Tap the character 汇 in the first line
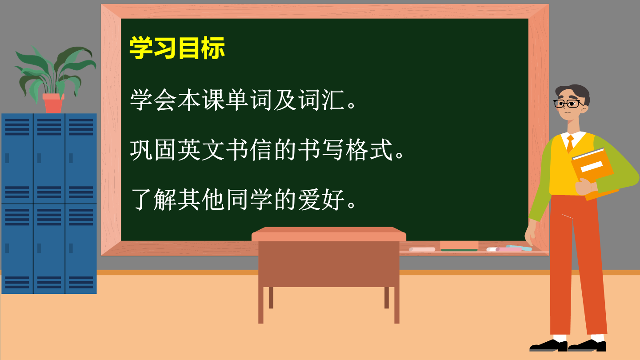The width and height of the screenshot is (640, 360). [333, 100]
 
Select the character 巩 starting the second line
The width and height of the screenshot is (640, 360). [141, 150]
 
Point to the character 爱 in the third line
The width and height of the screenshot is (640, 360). [309, 200]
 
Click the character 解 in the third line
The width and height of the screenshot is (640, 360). [165, 200]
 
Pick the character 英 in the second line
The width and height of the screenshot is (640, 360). [189, 150]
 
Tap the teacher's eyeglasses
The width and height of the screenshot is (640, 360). [568, 104]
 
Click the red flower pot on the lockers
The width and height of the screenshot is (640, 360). [53, 103]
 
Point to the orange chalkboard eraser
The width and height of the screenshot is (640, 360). [459, 246]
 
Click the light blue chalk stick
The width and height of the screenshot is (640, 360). [519, 248]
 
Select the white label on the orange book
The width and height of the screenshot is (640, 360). [592, 167]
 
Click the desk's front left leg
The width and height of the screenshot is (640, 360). [260, 305]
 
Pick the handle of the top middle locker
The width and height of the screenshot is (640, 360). [39, 158]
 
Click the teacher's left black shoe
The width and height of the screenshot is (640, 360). [548, 345]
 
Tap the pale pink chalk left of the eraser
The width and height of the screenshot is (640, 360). [422, 249]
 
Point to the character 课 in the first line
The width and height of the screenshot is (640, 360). [213, 100]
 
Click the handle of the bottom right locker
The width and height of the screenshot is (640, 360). [71, 248]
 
